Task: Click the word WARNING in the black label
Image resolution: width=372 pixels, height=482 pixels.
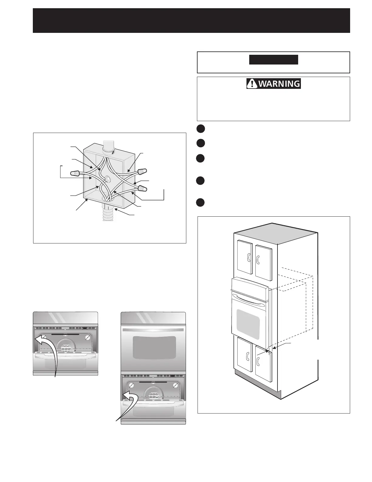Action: click(x=279, y=83)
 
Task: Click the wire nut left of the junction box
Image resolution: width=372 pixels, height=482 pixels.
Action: click(x=75, y=174)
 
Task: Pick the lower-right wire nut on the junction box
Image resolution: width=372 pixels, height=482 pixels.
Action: click(x=142, y=188)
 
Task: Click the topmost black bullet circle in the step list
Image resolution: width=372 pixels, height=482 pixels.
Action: click(x=200, y=128)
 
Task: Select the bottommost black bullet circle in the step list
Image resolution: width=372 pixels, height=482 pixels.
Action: click(x=200, y=202)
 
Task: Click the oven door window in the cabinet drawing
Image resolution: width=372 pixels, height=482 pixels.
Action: click(x=248, y=324)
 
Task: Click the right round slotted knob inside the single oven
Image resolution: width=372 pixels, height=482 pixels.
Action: click(x=88, y=337)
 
